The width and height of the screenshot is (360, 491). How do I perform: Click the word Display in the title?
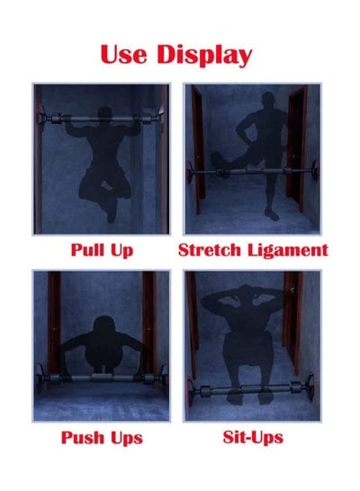point(204,55)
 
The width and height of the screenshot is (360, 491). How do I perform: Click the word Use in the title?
point(123,54)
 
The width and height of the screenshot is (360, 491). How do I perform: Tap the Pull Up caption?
point(102,250)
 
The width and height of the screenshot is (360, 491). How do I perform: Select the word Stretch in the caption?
point(210,250)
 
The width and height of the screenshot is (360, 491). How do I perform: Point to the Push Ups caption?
point(102,437)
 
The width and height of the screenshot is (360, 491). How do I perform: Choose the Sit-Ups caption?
point(253,437)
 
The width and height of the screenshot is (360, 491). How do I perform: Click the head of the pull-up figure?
point(104,114)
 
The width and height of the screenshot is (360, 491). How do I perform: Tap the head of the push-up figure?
point(104,325)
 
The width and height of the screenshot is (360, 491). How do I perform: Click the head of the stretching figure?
point(268,100)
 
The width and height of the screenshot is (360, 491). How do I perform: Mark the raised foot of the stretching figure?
point(217,161)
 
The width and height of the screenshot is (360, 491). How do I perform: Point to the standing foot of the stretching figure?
point(271,215)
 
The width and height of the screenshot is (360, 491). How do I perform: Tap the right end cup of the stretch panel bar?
point(315,170)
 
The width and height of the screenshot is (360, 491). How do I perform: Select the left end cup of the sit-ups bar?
point(190,393)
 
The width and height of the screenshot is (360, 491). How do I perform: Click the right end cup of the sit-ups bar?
point(310,387)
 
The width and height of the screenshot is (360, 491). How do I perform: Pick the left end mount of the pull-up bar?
point(41,118)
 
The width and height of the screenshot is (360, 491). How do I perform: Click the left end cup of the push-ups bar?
point(40,379)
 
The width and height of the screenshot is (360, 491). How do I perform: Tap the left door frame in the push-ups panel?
point(54,323)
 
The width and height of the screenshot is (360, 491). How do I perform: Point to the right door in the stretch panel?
point(297,147)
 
